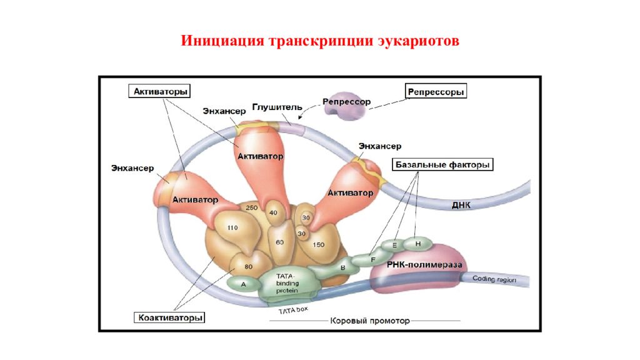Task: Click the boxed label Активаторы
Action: point(159,91)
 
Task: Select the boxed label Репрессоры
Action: point(436,91)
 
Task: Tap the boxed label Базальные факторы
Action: point(442,165)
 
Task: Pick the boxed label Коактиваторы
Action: point(171,317)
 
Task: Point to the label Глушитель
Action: point(277,107)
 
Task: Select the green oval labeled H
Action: point(418,242)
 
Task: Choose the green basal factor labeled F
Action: point(373,258)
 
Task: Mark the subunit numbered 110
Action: point(232,228)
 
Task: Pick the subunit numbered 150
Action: point(318,245)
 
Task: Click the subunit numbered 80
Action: point(248,266)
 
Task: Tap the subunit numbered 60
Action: point(279,242)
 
